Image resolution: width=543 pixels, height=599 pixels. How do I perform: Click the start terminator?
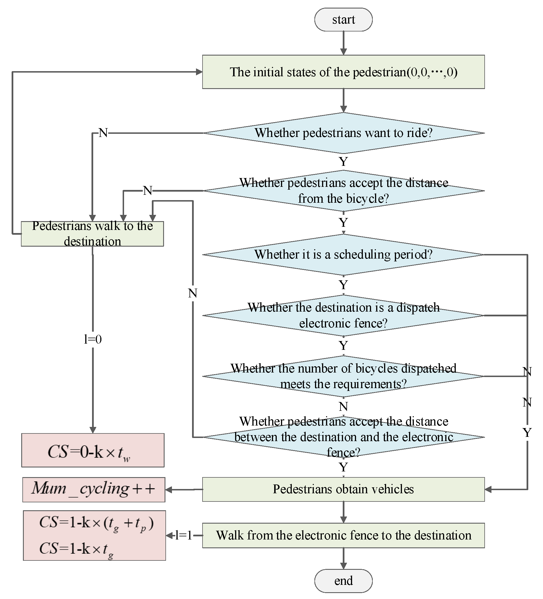[343, 20]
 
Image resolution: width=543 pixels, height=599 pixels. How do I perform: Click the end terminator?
[343, 581]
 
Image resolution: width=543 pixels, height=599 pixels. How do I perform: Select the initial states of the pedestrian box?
[343, 72]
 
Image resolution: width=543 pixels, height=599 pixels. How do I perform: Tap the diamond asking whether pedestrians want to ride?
[343, 133]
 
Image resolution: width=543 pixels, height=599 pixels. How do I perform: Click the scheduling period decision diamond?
[343, 255]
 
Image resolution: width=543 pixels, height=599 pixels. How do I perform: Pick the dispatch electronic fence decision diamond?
[343, 315]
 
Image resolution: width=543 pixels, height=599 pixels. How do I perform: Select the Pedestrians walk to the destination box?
[92, 234]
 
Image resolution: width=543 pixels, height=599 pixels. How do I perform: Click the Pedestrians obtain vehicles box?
[343, 489]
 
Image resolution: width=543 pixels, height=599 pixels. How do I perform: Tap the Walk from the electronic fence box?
[343, 535]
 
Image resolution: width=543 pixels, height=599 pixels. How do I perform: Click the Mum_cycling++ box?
[93, 489]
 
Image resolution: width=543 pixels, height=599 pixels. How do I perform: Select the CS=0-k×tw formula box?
[93, 450]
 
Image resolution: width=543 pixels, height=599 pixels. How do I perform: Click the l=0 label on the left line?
[93, 339]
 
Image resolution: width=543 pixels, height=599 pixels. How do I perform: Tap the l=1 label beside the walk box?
[183, 535]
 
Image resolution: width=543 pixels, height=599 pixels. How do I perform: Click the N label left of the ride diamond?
[103, 133]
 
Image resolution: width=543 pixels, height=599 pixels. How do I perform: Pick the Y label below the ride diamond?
[343, 162]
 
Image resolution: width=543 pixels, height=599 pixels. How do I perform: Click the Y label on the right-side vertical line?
[527, 433]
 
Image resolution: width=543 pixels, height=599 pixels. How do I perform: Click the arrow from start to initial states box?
[343, 43]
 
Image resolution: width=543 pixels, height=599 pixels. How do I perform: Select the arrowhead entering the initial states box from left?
[199, 72]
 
